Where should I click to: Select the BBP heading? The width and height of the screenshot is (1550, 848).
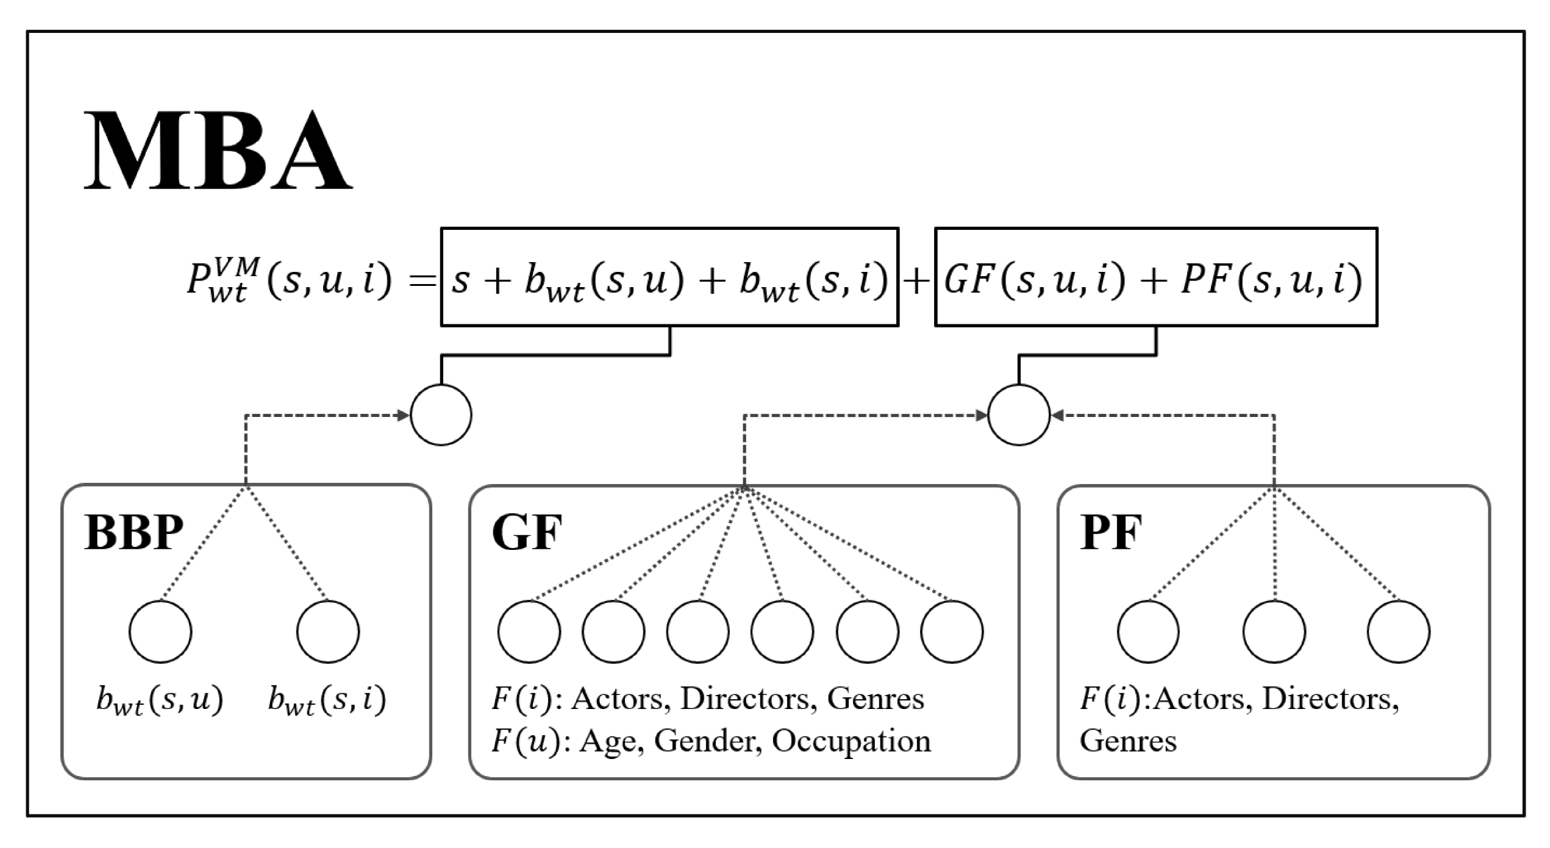coord(134,532)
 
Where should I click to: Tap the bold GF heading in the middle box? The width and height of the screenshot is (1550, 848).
coord(527,532)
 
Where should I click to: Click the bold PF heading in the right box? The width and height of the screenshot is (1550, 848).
coord(1111,532)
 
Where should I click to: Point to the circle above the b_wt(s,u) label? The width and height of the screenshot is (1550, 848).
coord(160,632)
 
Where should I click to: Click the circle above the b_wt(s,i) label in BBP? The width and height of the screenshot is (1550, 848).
coord(328,632)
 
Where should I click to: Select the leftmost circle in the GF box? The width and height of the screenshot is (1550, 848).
coord(529,632)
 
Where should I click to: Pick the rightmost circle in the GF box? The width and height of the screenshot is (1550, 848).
coord(952,632)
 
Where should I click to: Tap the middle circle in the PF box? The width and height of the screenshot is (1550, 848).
coord(1274,632)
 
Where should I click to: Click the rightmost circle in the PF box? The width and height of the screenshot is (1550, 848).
coord(1399,632)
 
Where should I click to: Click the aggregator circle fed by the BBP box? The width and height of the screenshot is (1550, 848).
coord(441,415)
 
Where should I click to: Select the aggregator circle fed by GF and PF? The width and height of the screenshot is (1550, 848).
coord(1018,415)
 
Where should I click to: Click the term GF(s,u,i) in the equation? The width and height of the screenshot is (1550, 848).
coord(1034,280)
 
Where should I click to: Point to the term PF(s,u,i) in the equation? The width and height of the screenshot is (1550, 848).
coord(1271,280)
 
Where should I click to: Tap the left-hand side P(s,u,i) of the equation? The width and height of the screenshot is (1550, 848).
coord(290,280)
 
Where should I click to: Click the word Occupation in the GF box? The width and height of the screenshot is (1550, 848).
coord(851,741)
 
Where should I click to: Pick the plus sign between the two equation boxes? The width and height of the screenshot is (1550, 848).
coord(916,282)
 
